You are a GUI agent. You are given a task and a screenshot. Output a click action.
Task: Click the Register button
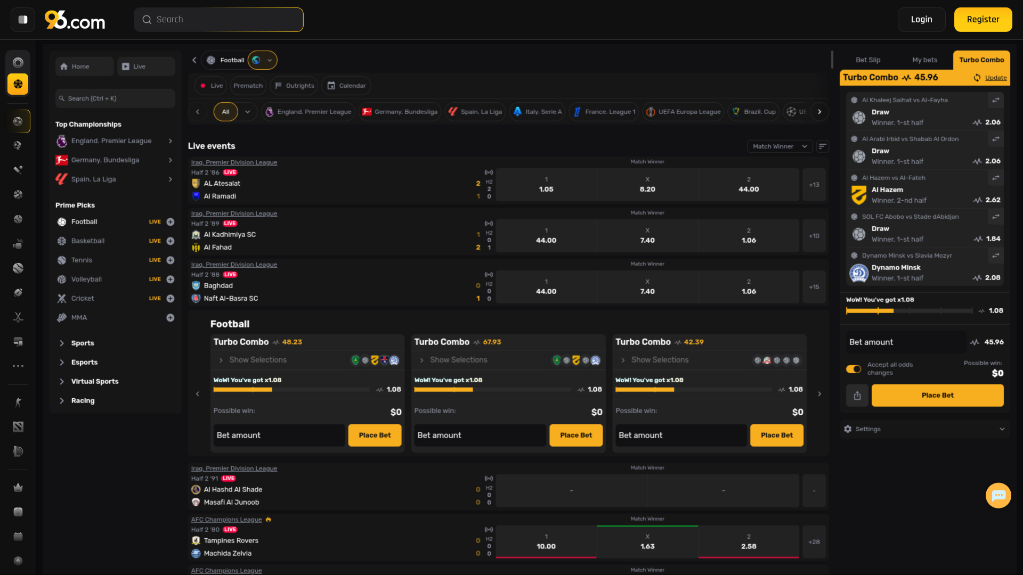tap(983, 20)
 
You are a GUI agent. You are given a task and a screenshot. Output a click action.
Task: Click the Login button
tap(921, 20)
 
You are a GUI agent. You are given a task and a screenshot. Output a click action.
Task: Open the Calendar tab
tap(346, 86)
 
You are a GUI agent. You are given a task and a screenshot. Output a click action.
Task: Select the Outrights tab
tap(295, 86)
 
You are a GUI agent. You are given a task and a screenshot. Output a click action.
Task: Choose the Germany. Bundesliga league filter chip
tap(400, 112)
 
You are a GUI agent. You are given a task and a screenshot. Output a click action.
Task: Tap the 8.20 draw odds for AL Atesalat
tap(647, 185)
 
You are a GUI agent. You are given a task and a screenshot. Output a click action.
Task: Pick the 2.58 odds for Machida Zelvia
tap(749, 542)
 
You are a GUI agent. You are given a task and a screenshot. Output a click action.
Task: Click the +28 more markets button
tap(814, 542)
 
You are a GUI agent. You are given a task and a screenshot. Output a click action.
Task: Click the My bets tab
tap(924, 60)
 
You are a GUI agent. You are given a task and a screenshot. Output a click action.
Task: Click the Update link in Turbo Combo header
tap(995, 78)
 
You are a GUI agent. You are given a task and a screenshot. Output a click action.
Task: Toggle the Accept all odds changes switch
tap(854, 369)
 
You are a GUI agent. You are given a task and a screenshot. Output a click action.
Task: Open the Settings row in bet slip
tap(924, 429)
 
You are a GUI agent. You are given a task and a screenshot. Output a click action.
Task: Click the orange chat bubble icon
tap(998, 496)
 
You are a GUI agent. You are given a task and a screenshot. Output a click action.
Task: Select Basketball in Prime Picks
tap(88, 241)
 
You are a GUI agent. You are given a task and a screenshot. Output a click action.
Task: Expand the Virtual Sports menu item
tap(95, 382)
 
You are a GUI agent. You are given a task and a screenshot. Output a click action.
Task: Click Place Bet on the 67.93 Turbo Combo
tap(576, 436)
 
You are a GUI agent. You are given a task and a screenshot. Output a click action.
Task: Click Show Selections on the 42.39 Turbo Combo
tap(660, 360)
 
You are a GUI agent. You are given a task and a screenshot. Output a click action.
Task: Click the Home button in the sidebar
tap(84, 67)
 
